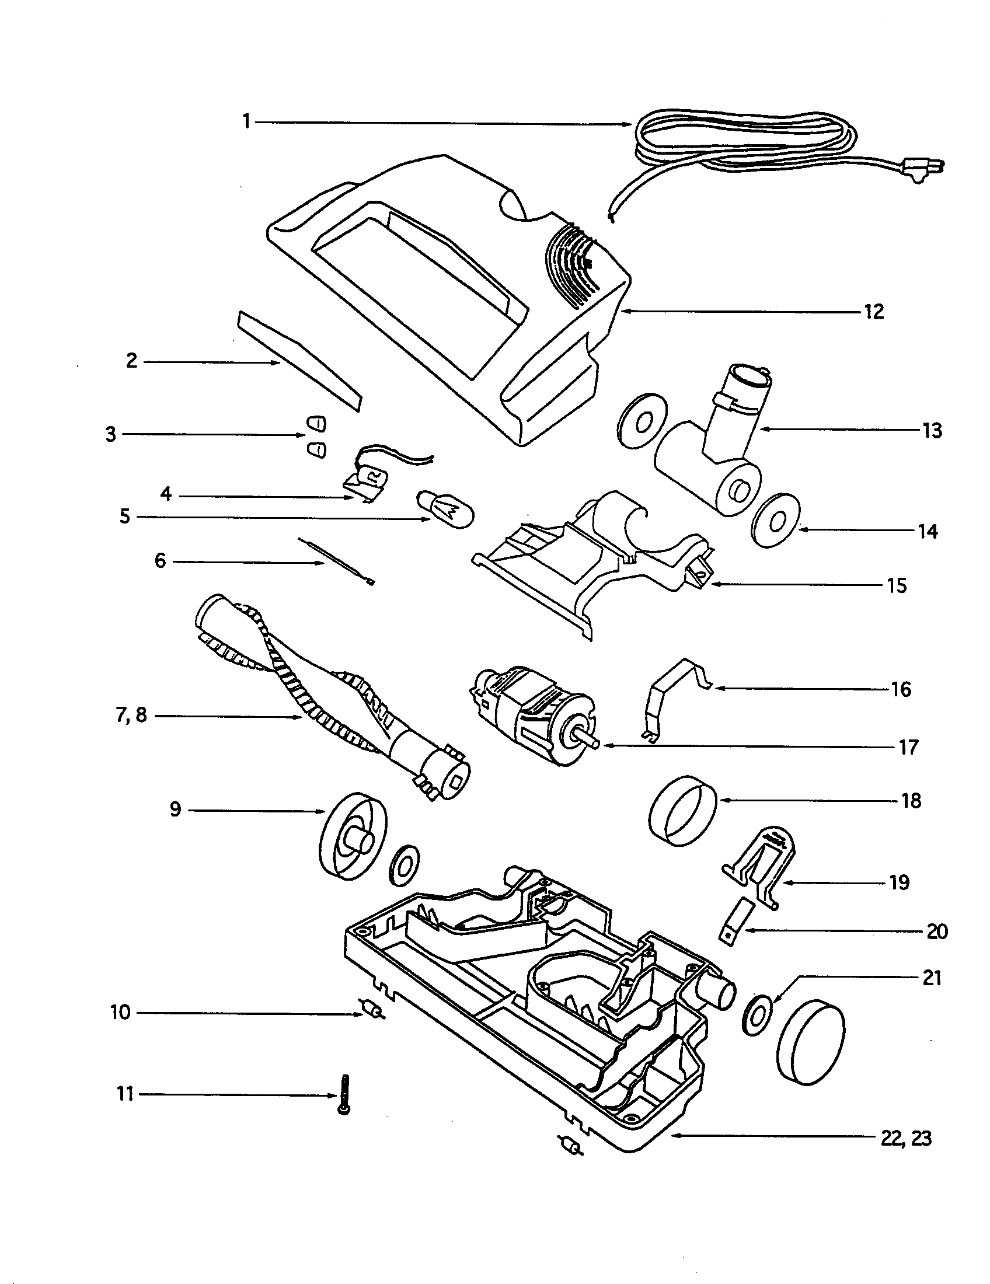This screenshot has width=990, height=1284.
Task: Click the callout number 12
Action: point(874,312)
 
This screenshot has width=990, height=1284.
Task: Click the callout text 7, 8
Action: point(132,716)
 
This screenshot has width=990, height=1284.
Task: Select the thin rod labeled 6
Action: point(335,561)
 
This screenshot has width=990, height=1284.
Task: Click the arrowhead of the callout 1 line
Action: point(628,124)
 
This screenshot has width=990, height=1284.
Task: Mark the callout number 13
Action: point(932,431)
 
